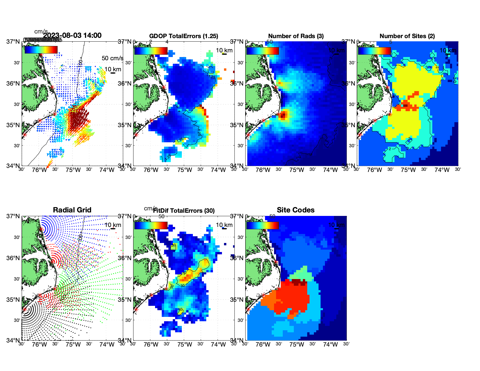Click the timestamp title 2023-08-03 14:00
tap(72, 35)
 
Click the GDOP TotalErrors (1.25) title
tap(184, 36)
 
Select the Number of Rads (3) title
tap(296, 36)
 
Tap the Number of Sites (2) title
tap(407, 36)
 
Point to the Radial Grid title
tap(72, 210)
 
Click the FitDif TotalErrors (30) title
tap(184, 211)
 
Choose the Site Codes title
tap(296, 210)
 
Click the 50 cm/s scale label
tap(112, 58)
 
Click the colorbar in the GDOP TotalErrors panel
tap(151, 51)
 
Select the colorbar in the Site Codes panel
tap(262, 225)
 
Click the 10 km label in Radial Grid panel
tap(113, 225)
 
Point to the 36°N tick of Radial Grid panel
tap(13, 258)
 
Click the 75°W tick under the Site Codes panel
tap(297, 345)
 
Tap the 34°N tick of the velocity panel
tap(13, 166)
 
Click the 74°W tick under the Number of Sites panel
tap(442, 170)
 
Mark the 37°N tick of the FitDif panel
tap(125, 216)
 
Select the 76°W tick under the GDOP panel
tap(151, 170)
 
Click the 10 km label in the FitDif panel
tap(224, 225)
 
